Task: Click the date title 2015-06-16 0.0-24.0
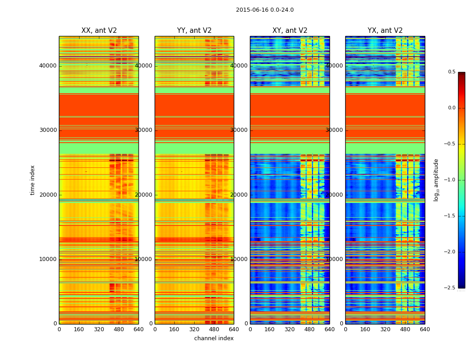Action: (264, 10)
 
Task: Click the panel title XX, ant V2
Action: (99, 31)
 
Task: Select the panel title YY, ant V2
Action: (194, 31)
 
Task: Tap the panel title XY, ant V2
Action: (289, 31)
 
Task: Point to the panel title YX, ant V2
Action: (385, 31)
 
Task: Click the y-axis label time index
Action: (32, 180)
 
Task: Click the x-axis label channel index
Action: (214, 338)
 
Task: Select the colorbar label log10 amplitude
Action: (436, 180)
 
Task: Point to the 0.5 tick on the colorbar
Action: (451, 72)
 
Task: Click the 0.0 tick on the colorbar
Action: (451, 108)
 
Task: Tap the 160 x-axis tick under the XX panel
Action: (79, 329)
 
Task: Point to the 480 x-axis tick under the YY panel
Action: (214, 329)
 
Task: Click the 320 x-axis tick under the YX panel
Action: (385, 329)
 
